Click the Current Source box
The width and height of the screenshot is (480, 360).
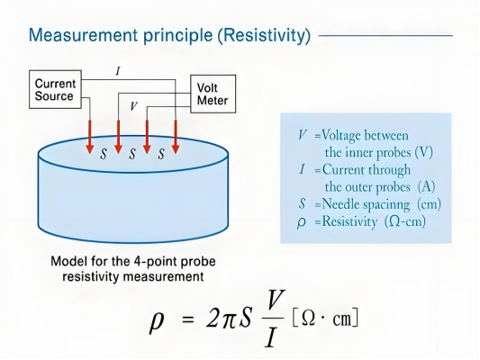point(55,89)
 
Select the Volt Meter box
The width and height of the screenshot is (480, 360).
point(213,94)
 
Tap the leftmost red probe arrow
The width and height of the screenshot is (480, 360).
point(90,137)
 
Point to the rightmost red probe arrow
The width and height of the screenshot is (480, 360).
point(176,137)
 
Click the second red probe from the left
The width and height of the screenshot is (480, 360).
point(118,137)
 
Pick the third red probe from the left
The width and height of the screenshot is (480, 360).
point(147,137)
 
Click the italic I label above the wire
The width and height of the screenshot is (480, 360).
point(118,72)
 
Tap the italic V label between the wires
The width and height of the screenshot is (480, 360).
point(133,106)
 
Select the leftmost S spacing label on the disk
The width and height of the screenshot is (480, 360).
point(104,154)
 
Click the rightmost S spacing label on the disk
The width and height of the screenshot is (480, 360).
point(161,154)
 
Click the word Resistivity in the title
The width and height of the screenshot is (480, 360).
point(265,35)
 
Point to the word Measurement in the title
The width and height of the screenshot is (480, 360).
point(83,35)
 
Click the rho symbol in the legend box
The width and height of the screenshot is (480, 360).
point(301,222)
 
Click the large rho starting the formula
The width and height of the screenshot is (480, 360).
point(156,322)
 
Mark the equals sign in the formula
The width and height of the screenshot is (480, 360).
point(187,319)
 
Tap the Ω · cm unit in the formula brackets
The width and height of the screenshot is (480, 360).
point(325,319)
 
